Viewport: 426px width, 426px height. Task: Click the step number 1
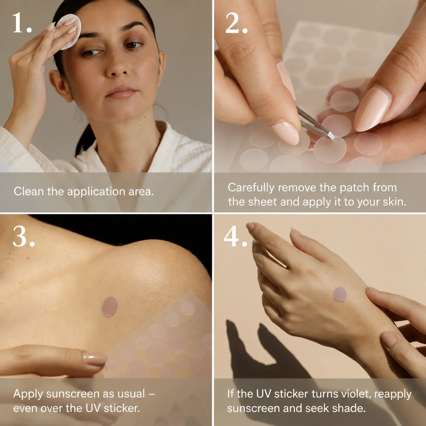pyautogui.click(x=22, y=23)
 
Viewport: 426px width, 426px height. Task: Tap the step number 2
pyautogui.click(x=236, y=23)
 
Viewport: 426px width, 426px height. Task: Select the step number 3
pyautogui.click(x=24, y=236)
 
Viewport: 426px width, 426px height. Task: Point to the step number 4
pyautogui.click(x=235, y=236)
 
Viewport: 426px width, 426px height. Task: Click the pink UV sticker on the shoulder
pyautogui.click(x=109, y=307)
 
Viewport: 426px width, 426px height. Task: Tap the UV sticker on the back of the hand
pyautogui.click(x=340, y=294)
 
